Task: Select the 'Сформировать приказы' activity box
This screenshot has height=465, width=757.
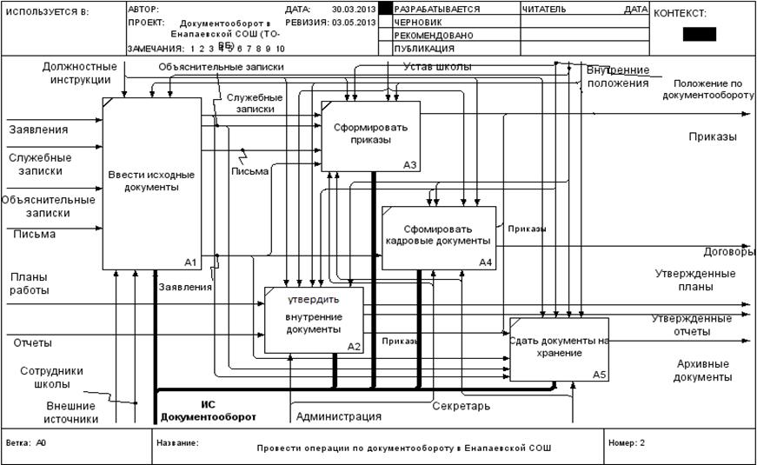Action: point(370,134)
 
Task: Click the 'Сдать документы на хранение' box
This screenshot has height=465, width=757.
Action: point(558,348)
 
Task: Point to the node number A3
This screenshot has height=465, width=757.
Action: point(410,164)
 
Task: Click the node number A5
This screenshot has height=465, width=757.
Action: point(600,375)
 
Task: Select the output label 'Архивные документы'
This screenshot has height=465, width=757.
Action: point(704,370)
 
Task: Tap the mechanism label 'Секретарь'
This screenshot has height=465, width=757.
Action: point(461,406)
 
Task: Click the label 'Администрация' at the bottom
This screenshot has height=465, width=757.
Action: point(339,416)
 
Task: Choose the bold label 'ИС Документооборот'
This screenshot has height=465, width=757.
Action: point(208,410)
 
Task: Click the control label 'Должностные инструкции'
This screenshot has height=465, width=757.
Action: point(79,73)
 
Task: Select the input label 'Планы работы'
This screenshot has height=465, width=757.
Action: point(30,282)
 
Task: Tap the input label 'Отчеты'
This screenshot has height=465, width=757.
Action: point(32,342)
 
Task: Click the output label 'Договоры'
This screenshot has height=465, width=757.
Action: point(729,252)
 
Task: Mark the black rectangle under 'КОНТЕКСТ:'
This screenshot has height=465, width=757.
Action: point(700,35)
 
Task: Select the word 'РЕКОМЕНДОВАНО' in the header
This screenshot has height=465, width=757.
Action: point(434,36)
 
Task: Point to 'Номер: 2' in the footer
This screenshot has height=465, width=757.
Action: point(627,442)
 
